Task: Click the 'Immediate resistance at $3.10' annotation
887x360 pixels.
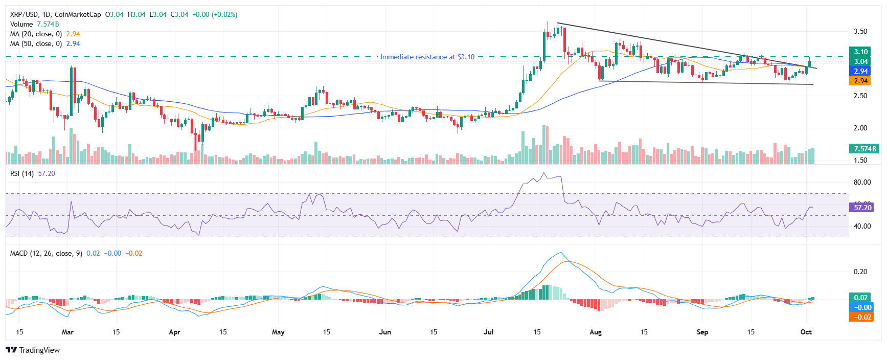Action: pos(427,57)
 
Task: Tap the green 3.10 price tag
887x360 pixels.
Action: pos(861,52)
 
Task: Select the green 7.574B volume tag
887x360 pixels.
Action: pos(863,149)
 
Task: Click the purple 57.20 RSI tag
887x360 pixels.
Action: pos(862,208)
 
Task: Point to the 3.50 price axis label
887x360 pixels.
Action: pos(860,31)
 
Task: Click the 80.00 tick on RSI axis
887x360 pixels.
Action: pos(862,182)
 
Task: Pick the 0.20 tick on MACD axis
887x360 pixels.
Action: pos(860,272)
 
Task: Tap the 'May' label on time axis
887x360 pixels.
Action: pos(278,332)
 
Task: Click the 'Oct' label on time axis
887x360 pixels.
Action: pos(806,332)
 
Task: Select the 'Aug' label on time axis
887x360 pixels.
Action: pos(596,332)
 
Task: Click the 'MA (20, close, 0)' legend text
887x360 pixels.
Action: pos(36,34)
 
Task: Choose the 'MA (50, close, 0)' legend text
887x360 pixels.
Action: pos(36,43)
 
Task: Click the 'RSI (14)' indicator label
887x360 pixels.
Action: pos(22,173)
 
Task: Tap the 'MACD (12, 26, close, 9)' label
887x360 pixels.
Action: pos(46,253)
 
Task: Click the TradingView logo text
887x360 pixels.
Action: pos(39,350)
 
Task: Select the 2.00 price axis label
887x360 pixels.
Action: pos(860,128)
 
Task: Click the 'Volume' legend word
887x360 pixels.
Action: pos(21,24)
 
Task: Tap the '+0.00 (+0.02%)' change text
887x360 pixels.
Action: pos(214,14)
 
